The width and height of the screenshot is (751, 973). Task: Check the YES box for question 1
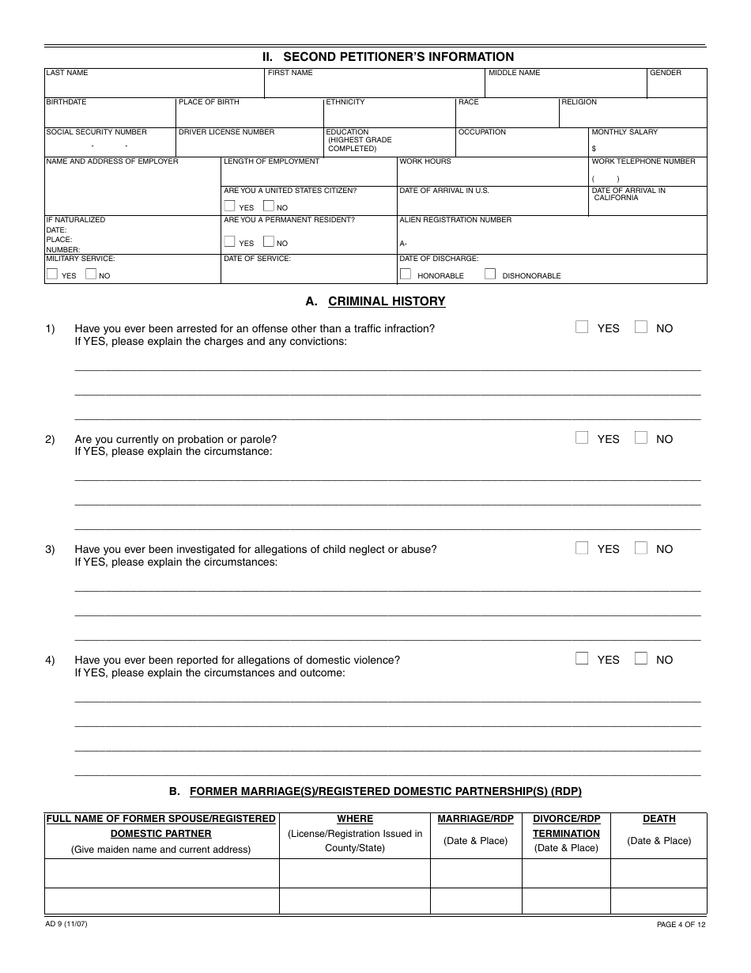pos(582,327)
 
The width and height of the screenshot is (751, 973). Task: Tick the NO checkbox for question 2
pos(641,437)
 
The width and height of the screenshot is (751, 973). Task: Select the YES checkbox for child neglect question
pos(582,547)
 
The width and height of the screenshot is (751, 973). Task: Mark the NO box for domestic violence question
pos(641,658)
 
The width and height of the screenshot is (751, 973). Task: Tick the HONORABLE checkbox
pos(406,274)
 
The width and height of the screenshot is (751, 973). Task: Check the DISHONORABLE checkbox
pos(490,274)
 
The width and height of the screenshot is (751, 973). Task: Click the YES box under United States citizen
pos(230,206)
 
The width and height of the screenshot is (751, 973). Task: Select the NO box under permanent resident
pos(269,242)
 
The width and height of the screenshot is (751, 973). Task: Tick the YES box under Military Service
pos(52,274)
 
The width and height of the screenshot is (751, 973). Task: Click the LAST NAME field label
pos(67,73)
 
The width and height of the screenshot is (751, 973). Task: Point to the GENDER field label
pos(666,73)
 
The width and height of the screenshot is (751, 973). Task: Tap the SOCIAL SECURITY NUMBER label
pos(96,132)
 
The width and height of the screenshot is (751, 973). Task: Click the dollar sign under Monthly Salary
pos(594,149)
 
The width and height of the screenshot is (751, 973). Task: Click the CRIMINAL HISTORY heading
pos(387,301)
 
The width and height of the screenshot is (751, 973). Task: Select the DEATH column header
pos(659,820)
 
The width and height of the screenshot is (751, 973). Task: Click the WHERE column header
pos(355,820)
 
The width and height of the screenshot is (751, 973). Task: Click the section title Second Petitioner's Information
pos(388,57)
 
